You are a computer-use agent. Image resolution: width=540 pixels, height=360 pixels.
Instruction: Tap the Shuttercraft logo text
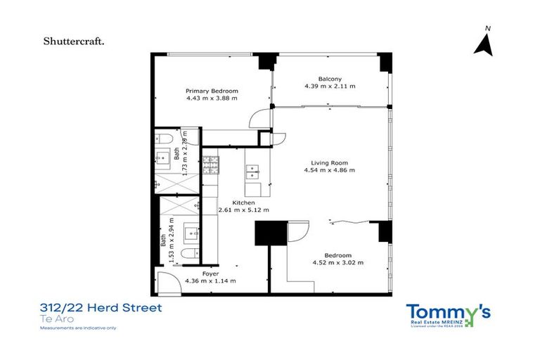coord(75,41)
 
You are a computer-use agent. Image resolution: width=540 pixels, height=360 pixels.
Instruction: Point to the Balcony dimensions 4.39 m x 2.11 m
coord(330,86)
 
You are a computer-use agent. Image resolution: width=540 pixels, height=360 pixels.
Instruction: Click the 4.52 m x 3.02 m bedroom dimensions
coord(337,263)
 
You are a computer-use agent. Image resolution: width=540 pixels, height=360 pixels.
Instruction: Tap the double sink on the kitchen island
coord(254,169)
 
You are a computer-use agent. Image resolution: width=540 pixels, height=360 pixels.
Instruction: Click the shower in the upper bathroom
coord(170,182)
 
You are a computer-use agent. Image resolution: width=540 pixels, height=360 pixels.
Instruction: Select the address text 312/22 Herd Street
coord(101,308)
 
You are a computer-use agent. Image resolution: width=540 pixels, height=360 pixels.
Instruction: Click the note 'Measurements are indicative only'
coord(78,328)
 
